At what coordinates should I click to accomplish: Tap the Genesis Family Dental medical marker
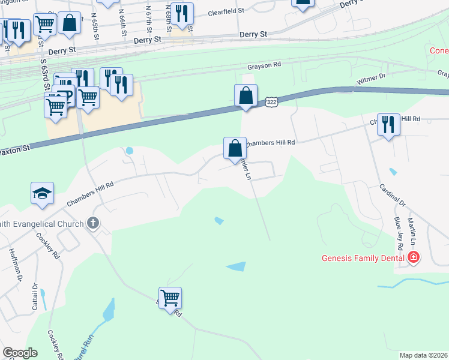[x=413, y=258]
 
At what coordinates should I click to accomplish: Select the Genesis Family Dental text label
[x=364, y=259]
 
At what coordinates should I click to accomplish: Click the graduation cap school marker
[x=42, y=193]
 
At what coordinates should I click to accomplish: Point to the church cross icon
[x=92, y=223]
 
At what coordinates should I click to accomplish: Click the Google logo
[x=20, y=353]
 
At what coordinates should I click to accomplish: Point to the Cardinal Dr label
[x=393, y=196]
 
